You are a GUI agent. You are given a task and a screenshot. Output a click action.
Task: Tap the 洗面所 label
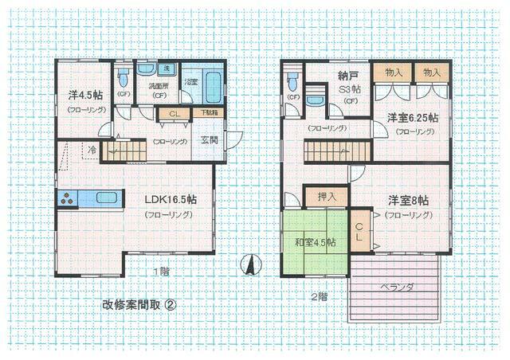pos(159,85)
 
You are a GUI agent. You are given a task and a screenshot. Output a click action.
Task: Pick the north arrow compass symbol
pos(249,264)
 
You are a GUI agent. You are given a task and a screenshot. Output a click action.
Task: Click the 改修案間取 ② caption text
pos(139,304)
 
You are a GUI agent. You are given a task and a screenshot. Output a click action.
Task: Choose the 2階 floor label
pos(318,296)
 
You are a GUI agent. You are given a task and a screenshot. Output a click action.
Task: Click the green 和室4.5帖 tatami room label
pos(315,242)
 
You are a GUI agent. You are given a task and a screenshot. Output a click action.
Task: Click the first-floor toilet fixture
pos(124,80)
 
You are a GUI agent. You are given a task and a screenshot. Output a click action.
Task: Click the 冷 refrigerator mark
pos(92,149)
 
